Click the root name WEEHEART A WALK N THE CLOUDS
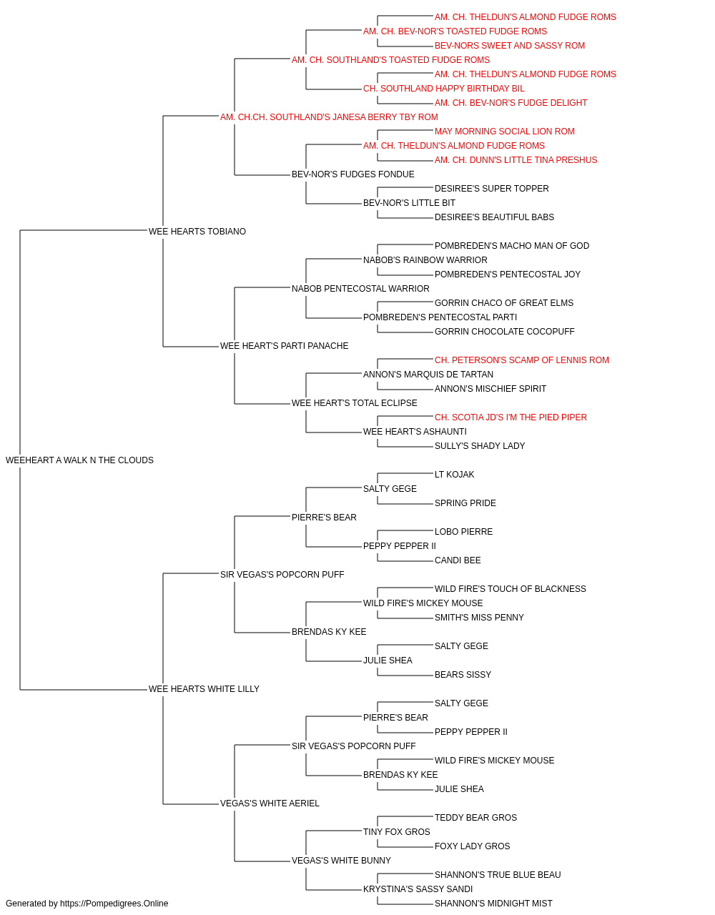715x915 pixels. pos(79,460)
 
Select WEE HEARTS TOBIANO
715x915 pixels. pos(197,232)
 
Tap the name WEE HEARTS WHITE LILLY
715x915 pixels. pos(204,689)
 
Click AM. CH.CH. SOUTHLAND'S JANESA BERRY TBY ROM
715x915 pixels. pos(329,117)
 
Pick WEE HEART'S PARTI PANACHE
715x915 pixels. pos(285,346)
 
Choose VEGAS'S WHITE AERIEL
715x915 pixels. pos(270,803)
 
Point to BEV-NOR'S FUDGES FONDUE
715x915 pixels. pos(353,174)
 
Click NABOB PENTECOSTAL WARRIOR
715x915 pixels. pos(360,288)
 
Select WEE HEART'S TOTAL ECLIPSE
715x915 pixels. pos(354,403)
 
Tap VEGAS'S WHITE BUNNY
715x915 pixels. pos(341,861)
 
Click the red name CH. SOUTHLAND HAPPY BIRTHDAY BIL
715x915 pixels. pos(444,89)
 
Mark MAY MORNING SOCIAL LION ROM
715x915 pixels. pos(505,132)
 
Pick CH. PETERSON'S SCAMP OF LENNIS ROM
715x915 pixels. pos(522,360)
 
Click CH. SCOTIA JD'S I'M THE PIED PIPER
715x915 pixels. pos(511,417)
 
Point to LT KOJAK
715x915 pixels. pos(454,475)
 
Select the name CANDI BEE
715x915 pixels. pos(458,560)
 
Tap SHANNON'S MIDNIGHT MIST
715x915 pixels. pos(493,904)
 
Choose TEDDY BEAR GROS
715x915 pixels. pos(475,818)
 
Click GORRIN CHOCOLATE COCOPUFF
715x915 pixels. pos(505,332)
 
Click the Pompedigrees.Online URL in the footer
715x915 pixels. pos(114,904)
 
